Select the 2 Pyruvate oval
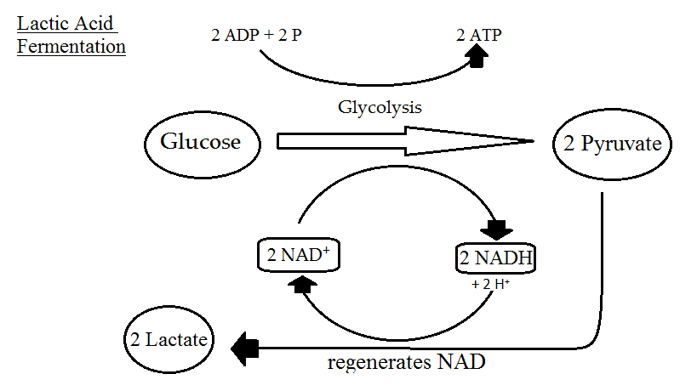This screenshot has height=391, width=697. [613, 143]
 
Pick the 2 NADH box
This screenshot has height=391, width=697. [498, 258]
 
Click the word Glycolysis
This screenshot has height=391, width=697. [380, 108]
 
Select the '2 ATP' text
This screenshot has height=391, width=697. [478, 36]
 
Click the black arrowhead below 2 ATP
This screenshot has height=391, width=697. [478, 57]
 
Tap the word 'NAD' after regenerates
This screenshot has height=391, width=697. [461, 363]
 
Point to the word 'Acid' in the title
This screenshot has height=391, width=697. [93, 20]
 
